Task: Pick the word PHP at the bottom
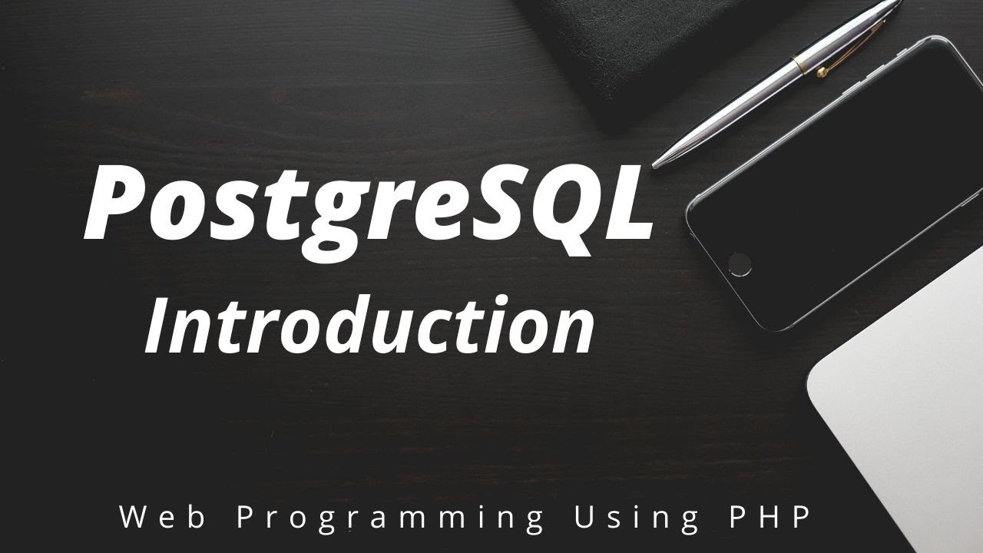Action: tap(768, 518)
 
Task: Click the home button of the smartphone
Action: tap(740, 263)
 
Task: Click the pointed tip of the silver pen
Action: tap(655, 163)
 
